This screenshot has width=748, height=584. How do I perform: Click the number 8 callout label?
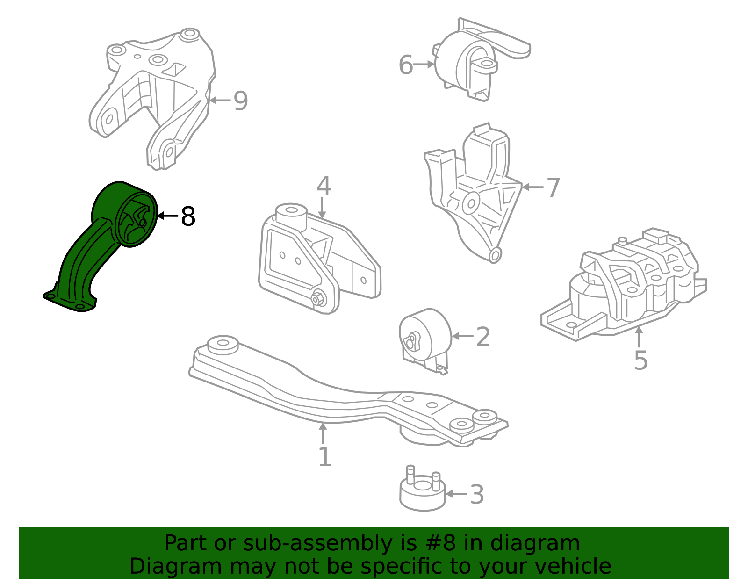click(188, 216)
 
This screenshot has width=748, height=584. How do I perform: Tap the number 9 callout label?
click(241, 101)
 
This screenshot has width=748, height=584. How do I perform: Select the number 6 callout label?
click(405, 65)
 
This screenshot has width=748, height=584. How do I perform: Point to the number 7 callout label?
click(553, 187)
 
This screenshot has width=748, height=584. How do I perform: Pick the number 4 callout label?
click(324, 186)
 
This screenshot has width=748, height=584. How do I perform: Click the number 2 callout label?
click(483, 337)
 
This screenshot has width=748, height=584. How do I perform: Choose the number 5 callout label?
click(640, 360)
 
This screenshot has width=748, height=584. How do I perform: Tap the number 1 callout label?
click(324, 457)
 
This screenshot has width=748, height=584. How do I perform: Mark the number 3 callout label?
click(477, 494)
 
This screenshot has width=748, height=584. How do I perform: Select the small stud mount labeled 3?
click(422, 489)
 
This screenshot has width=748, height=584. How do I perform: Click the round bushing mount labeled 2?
click(425, 341)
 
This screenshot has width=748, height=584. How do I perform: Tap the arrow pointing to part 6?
click(423, 65)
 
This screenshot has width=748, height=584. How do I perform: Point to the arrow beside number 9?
click(220, 101)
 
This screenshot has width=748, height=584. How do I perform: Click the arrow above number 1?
click(323, 433)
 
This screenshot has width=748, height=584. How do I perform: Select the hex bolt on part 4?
click(318, 298)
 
